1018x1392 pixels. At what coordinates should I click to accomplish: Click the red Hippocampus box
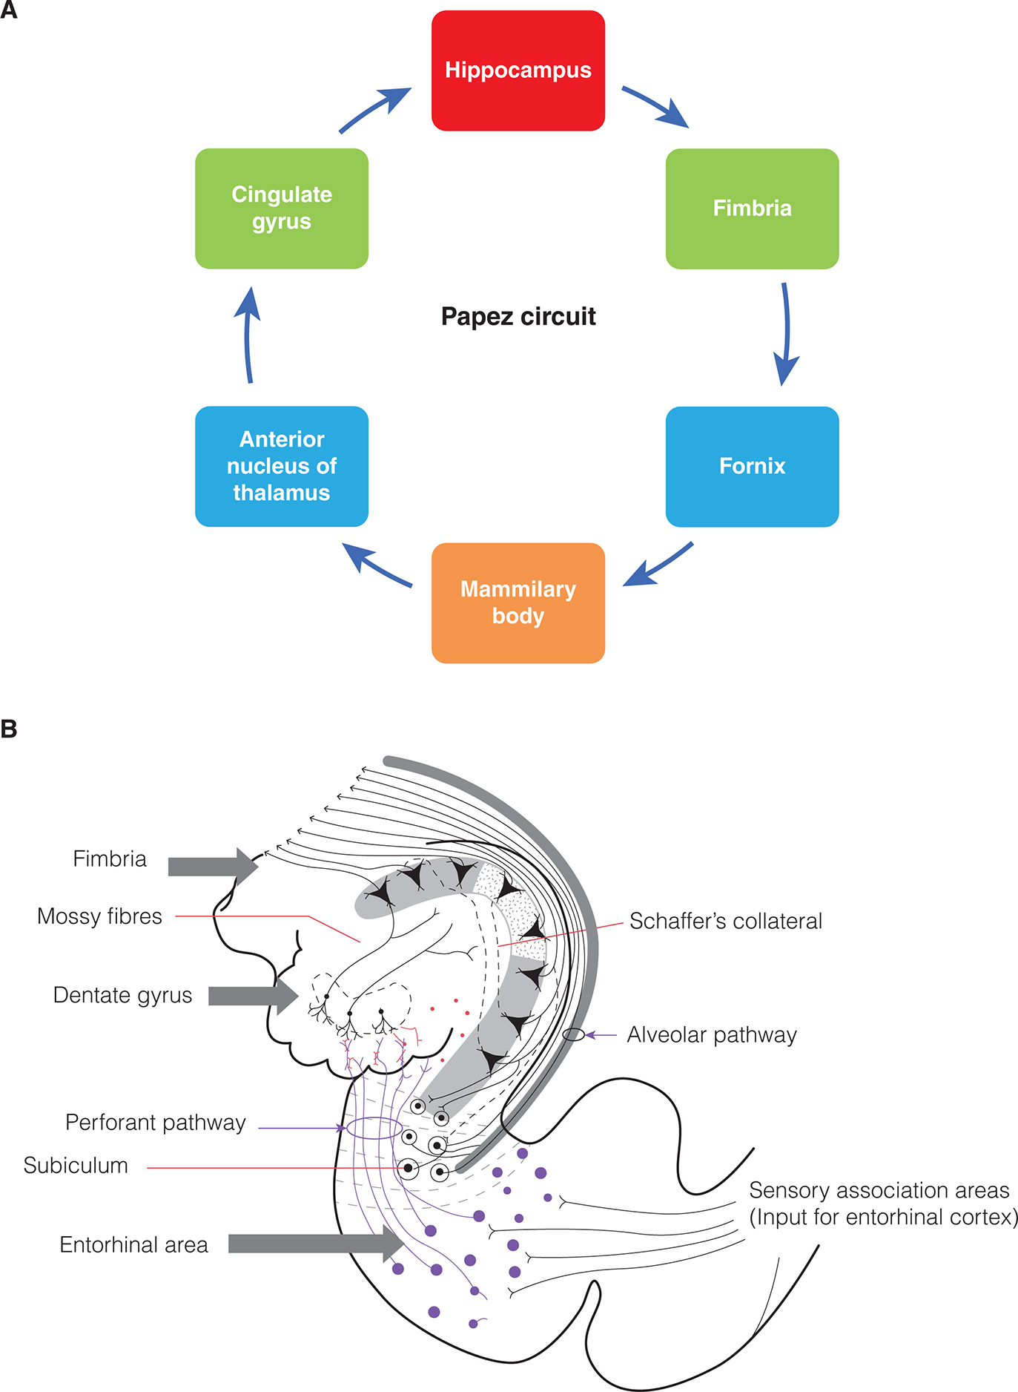pyautogui.click(x=518, y=70)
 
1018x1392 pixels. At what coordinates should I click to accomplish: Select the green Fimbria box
pyautogui.click(x=752, y=209)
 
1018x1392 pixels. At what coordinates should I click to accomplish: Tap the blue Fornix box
pyautogui.click(x=752, y=466)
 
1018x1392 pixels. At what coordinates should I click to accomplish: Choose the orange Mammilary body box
pyautogui.click(x=518, y=603)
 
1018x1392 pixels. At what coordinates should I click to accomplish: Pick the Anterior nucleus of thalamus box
pyautogui.click(x=282, y=466)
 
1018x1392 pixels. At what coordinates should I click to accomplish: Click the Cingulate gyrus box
pyautogui.click(x=282, y=209)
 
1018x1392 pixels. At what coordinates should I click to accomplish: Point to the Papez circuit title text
pyautogui.click(x=518, y=317)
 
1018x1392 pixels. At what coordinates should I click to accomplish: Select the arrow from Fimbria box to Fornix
pyautogui.click(x=786, y=334)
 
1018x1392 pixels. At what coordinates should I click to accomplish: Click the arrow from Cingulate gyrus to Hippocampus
pyautogui.click(x=374, y=110)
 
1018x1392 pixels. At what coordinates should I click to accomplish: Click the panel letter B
pyautogui.click(x=9, y=729)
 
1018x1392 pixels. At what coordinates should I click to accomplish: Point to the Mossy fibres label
pyautogui.click(x=99, y=916)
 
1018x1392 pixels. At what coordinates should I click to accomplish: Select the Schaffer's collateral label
pyautogui.click(x=726, y=921)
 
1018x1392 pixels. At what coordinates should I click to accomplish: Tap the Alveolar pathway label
pyautogui.click(x=712, y=1034)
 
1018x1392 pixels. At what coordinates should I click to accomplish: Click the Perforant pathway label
pyautogui.click(x=155, y=1123)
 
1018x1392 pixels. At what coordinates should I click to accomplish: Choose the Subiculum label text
pyautogui.click(x=76, y=1166)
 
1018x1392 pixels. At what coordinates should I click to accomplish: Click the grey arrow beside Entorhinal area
pyautogui.click(x=315, y=1244)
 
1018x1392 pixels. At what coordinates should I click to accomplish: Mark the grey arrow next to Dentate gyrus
pyautogui.click(x=252, y=996)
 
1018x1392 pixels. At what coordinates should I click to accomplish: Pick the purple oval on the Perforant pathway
pyautogui.click(x=374, y=1129)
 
